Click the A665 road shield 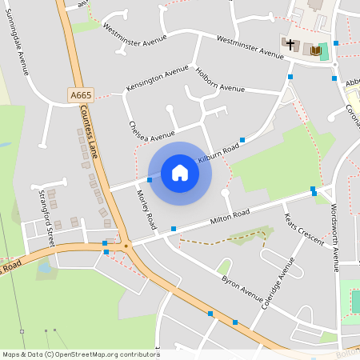81,95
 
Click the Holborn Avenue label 220,82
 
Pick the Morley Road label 146,210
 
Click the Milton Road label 230,216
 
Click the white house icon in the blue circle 180,173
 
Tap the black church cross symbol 290,45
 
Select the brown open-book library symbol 314,51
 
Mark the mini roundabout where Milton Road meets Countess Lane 126,246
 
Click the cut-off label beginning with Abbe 352,82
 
